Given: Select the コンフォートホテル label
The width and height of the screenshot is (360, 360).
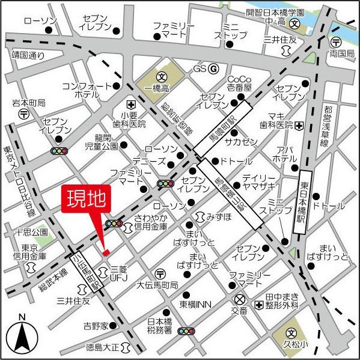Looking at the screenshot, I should (87, 90).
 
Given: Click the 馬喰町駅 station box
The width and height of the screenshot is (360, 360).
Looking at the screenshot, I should (222, 127).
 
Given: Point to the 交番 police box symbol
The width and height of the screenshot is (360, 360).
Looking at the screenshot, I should (240, 299).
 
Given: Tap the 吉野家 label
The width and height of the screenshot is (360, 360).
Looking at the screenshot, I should (96, 326).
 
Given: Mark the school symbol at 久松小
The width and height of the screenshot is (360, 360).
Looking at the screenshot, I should (291, 332).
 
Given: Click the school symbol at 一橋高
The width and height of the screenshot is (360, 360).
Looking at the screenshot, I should (161, 77).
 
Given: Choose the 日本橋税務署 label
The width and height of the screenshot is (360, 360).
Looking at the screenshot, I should (160, 326).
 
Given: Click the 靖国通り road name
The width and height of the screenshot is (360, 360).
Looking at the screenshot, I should (28, 55).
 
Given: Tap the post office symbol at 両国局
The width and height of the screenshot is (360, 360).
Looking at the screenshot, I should (336, 42).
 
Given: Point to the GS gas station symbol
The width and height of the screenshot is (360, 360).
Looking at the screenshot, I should (213, 69).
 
